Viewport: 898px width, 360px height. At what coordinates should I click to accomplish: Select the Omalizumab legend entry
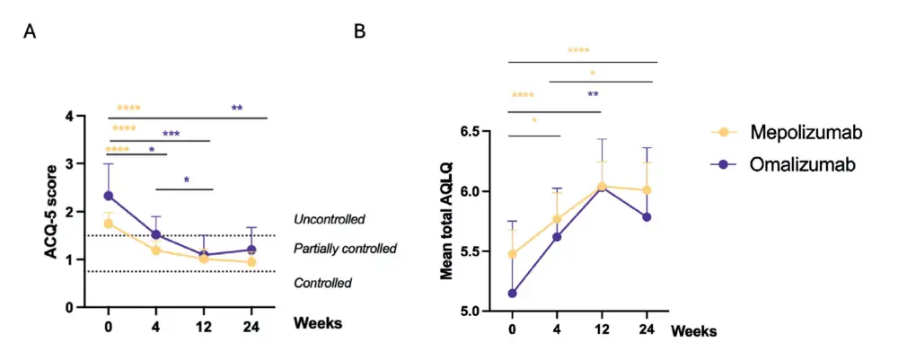pyautogui.click(x=789, y=164)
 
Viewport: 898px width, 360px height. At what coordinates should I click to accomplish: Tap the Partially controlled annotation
pyautogui.click(x=345, y=248)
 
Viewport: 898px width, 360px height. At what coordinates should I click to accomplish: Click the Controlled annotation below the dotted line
pyautogui.click(x=322, y=283)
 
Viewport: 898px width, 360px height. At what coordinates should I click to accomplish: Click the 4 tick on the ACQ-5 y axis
pyautogui.click(x=70, y=117)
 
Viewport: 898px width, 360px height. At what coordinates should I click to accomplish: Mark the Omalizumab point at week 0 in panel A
pyautogui.click(x=109, y=196)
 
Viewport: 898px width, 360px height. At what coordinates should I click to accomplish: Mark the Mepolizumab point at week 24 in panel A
pyautogui.click(x=251, y=262)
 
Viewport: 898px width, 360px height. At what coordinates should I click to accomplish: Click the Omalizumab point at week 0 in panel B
pyautogui.click(x=512, y=293)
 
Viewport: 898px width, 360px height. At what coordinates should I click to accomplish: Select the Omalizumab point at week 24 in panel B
pyautogui.click(x=647, y=216)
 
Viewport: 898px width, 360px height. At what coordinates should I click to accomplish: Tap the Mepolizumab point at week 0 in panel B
pyautogui.click(x=512, y=254)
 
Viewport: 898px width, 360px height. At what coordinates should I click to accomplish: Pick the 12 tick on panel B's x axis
pyautogui.click(x=601, y=330)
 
